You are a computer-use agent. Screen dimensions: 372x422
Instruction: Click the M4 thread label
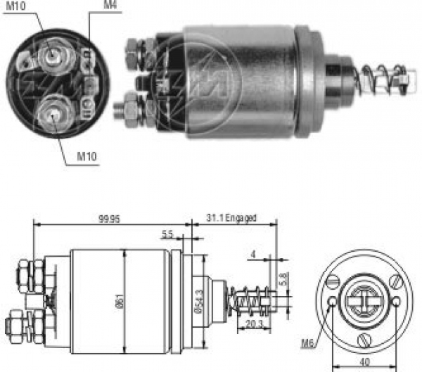(110, 6)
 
